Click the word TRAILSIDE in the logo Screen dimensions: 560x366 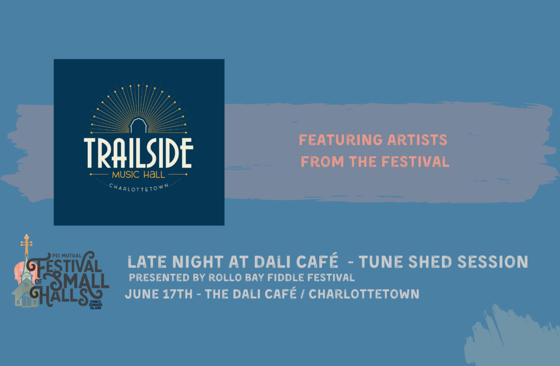139,153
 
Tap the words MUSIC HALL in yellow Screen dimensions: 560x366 139,175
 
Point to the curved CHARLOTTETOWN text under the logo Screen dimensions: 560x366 139,188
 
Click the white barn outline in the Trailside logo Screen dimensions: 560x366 139,126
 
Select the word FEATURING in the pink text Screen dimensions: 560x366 341,140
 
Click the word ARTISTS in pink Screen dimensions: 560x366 417,140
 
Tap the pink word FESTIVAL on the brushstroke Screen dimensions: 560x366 415,162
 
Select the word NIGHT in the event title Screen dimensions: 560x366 198,262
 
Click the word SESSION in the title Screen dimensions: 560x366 493,262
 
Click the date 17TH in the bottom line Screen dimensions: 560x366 178,294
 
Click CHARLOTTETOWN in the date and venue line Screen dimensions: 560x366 364,294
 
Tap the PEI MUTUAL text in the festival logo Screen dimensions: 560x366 67,256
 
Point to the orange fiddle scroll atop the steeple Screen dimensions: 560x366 27,241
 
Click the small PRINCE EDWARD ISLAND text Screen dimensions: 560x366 96,305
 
